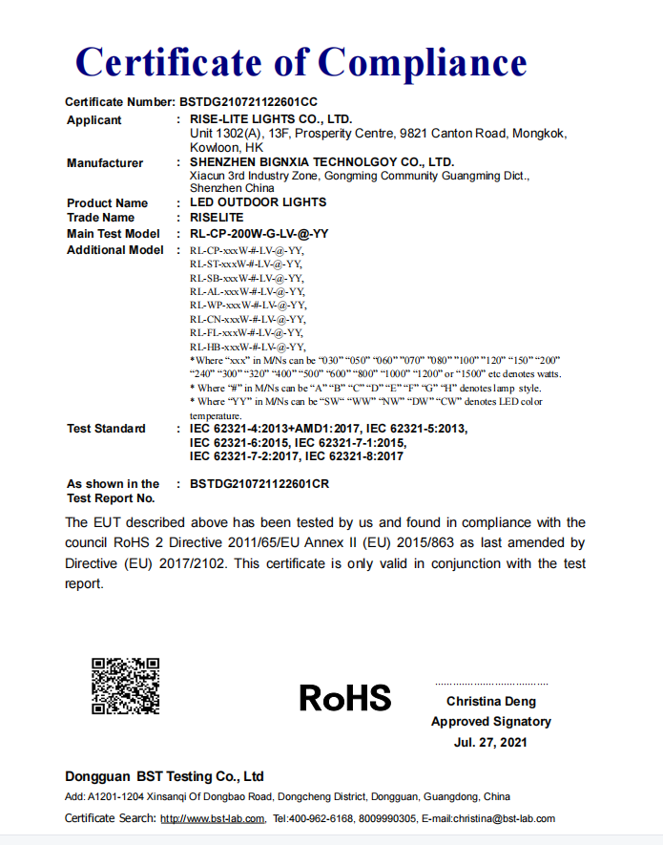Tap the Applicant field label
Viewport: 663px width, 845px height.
[94, 120]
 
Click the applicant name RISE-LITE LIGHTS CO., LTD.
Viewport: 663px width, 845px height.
[271, 119]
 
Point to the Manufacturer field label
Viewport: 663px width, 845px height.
[105, 163]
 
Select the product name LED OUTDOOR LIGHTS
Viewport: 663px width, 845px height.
[258, 202]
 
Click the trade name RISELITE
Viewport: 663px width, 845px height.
[217, 218]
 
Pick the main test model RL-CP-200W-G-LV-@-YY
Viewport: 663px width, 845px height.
[259, 234]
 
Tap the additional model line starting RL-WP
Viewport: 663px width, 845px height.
[247, 305]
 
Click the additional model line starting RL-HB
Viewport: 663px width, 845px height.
[247, 347]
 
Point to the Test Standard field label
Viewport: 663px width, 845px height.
[106, 429]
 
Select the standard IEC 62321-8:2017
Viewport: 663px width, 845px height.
[347, 456]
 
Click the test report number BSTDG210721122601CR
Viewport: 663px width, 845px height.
[259, 484]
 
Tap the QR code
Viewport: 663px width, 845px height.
[125, 687]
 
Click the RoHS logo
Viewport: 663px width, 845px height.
[345, 698]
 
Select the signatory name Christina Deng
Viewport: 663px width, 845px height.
[490, 702]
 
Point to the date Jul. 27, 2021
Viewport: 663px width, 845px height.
[490, 742]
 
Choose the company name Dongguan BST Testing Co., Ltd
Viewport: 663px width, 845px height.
[164, 776]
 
